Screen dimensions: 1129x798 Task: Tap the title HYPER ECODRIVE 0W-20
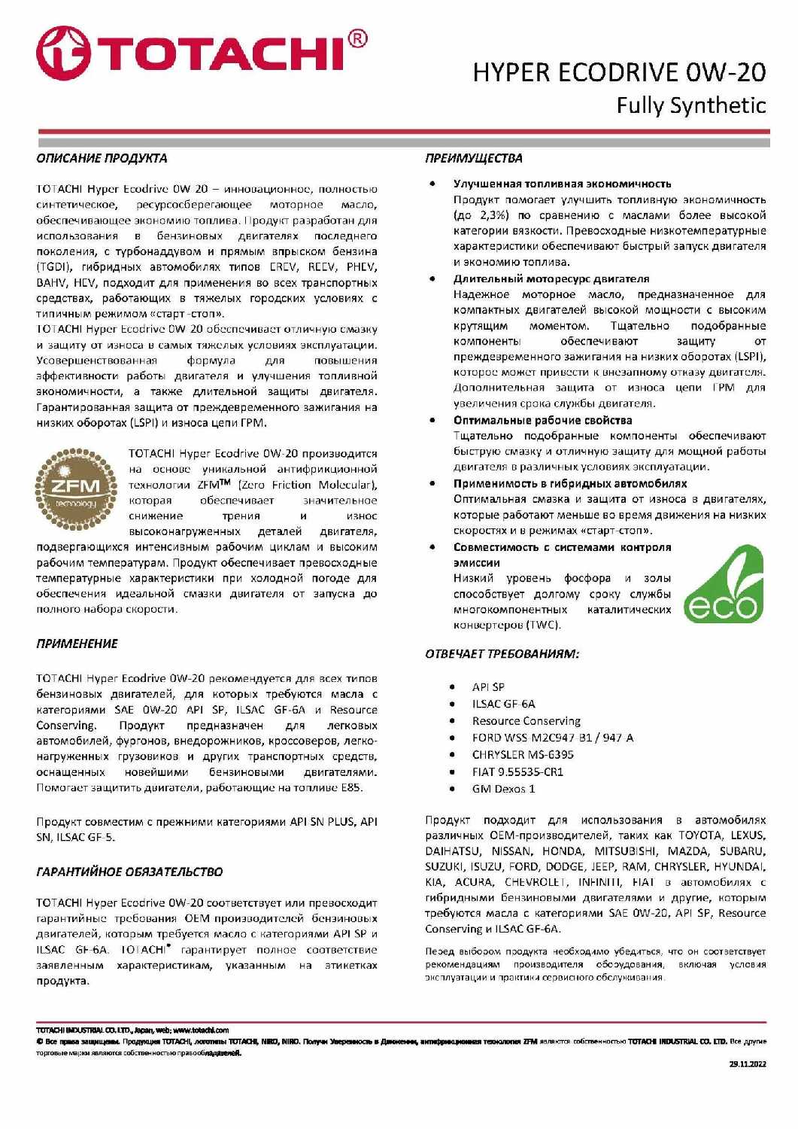(618, 72)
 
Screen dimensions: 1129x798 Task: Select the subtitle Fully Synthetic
(690, 105)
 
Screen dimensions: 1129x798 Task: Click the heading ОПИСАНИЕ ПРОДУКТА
(102, 158)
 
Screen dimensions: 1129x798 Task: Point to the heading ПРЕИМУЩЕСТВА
(473, 158)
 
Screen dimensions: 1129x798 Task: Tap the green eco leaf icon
(724, 586)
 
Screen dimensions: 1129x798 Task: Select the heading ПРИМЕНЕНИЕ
(77, 644)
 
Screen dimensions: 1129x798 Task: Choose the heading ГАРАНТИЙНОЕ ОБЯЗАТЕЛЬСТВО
(129, 872)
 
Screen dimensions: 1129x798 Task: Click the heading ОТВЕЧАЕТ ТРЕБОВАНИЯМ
(502, 653)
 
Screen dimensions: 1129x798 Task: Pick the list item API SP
(488, 687)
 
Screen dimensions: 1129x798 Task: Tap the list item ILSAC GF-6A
(503, 704)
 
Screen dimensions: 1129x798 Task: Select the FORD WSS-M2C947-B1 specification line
(552, 738)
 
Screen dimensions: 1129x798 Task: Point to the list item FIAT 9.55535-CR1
(517, 771)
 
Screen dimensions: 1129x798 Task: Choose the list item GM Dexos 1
(503, 789)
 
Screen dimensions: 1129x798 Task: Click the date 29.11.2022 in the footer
(747, 1064)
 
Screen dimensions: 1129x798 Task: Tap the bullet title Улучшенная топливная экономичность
(562, 184)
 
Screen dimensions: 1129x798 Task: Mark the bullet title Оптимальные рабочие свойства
(542, 420)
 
